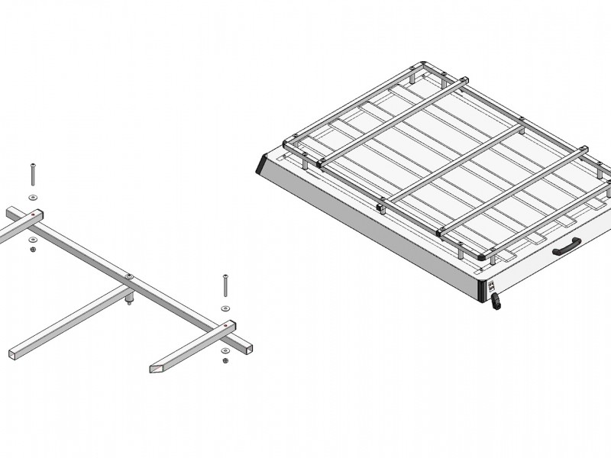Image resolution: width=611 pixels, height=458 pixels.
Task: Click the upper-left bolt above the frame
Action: point(33,174)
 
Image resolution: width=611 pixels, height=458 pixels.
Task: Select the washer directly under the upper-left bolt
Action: point(32,197)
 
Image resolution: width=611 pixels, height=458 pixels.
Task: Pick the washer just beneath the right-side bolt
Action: point(225,307)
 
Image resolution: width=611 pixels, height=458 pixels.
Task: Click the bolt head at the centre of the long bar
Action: point(128,276)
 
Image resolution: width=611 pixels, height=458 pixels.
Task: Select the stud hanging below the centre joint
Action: point(129,301)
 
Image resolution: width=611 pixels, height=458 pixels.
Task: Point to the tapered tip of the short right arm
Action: point(156,369)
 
